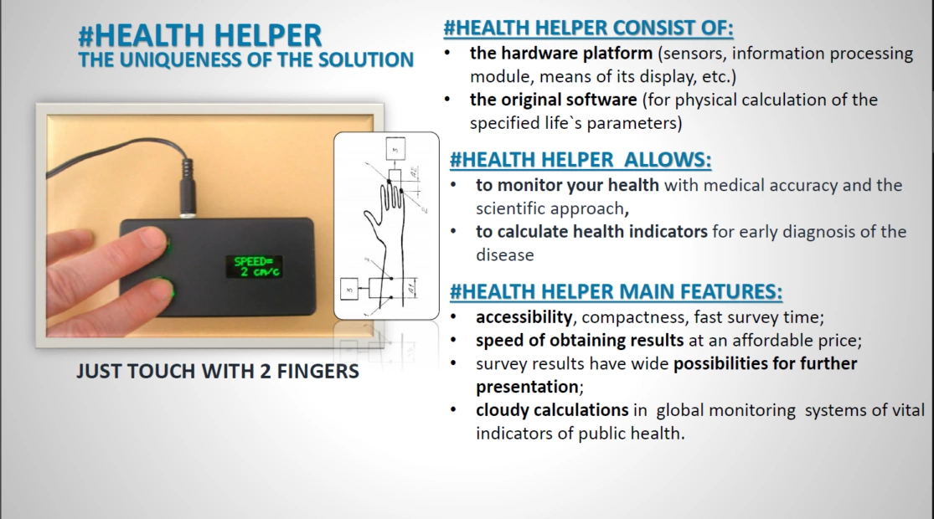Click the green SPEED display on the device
[x=255, y=267]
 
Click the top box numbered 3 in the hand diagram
[x=395, y=149]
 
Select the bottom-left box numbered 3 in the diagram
[x=349, y=290]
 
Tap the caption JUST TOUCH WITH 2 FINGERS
[x=218, y=372]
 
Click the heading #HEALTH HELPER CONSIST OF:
[x=589, y=28]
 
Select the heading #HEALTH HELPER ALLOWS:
[x=581, y=160]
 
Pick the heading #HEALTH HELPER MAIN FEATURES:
[x=616, y=291]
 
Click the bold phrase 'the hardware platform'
[x=561, y=54]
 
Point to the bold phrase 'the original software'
[x=554, y=100]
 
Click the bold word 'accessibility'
[x=524, y=317]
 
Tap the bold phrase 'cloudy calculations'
[x=552, y=410]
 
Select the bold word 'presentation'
[x=527, y=388]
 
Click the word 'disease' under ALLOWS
[x=504, y=254]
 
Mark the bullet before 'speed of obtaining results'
[x=455, y=341]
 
